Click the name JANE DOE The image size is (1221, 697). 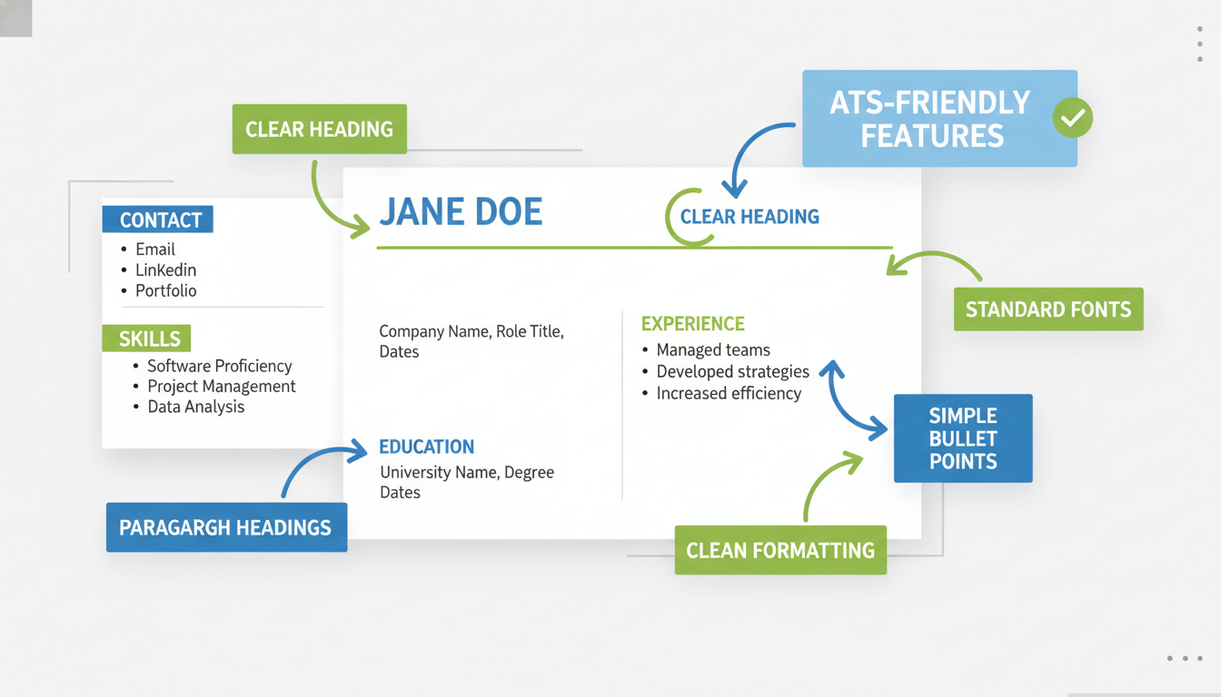click(x=460, y=212)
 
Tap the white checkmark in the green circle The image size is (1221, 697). click(x=1073, y=118)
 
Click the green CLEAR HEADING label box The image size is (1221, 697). click(x=319, y=129)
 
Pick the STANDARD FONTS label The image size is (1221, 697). click(x=1047, y=309)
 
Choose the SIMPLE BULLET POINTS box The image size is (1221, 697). click(x=963, y=438)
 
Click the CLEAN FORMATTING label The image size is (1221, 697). click(x=780, y=550)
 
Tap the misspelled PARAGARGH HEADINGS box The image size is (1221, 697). click(x=226, y=527)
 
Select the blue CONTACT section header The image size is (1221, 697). click(x=160, y=220)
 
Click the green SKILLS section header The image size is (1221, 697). click(x=149, y=339)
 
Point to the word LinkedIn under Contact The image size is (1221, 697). click(x=165, y=270)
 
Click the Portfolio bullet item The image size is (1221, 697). click(x=165, y=290)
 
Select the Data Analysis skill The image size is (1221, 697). click(x=195, y=407)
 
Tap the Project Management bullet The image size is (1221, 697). click(x=221, y=386)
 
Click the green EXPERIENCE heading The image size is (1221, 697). click(x=692, y=324)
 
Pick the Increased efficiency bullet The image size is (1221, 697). click(x=729, y=393)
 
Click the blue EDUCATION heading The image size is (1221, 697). click(x=426, y=447)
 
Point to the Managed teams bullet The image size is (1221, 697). click(x=713, y=349)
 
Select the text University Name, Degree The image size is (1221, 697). click(x=466, y=472)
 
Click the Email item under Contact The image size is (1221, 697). click(x=155, y=249)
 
